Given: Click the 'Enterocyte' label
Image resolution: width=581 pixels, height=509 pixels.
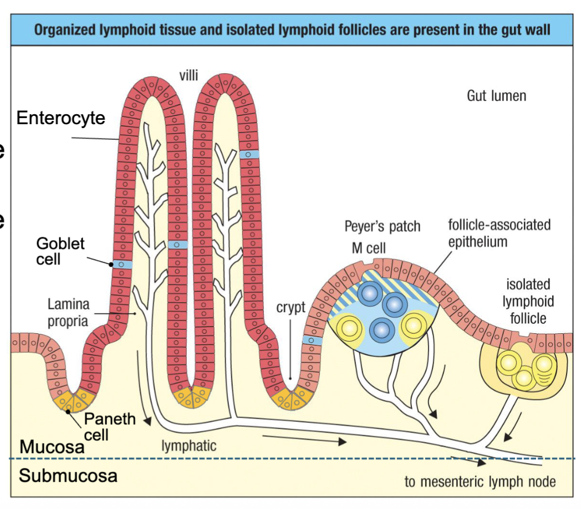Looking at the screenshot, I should tap(60, 118).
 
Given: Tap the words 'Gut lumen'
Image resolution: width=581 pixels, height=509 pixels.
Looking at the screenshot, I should tap(496, 96).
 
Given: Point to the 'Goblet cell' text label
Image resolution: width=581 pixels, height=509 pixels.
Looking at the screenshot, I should tap(60, 251).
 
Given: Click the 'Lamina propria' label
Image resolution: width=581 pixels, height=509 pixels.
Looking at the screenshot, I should tap(68, 313).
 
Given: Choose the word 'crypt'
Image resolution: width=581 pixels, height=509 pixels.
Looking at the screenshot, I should tap(291, 308).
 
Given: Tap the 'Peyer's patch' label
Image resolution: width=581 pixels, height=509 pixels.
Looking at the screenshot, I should tap(382, 226).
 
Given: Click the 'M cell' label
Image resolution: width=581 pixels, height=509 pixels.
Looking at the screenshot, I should tap(369, 248).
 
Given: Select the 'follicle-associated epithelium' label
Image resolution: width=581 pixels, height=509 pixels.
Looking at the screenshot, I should tap(499, 233).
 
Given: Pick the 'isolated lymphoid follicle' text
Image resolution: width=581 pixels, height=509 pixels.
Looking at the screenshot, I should tap(528, 301).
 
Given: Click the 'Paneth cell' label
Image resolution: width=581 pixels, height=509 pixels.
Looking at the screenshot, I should tap(109, 426).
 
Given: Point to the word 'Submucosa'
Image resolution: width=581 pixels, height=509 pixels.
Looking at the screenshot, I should tap(68, 475).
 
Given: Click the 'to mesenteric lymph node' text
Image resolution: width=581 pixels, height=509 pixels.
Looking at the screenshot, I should tap(480, 481).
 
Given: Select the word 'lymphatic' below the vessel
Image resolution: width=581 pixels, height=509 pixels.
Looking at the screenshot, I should tap(188, 445).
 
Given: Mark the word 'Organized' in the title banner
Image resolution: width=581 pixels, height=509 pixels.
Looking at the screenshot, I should tap(67, 29).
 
